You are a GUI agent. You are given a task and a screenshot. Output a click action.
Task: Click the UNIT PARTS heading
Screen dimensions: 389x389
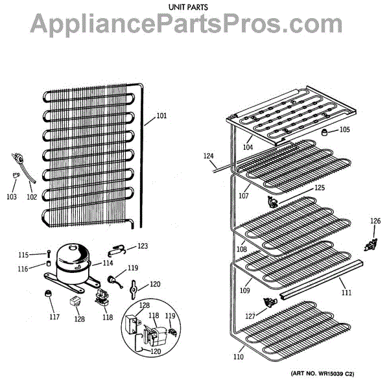coord(194,7)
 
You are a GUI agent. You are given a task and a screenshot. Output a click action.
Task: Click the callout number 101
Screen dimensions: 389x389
coord(161,117)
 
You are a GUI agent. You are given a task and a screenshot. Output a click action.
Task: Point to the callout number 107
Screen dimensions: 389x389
coord(243,195)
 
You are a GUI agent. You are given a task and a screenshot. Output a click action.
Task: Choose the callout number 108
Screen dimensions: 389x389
coord(241,249)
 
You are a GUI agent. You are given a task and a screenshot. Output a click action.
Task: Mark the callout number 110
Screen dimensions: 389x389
coord(239,357)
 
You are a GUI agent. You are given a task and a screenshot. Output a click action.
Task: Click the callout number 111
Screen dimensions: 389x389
coord(347,293)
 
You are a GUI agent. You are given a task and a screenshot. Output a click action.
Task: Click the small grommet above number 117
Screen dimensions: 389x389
coord(47,296)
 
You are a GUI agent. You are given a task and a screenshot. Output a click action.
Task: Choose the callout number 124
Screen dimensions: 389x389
coord(208,156)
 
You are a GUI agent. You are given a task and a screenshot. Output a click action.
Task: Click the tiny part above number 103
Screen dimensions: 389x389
coord(13,173)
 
